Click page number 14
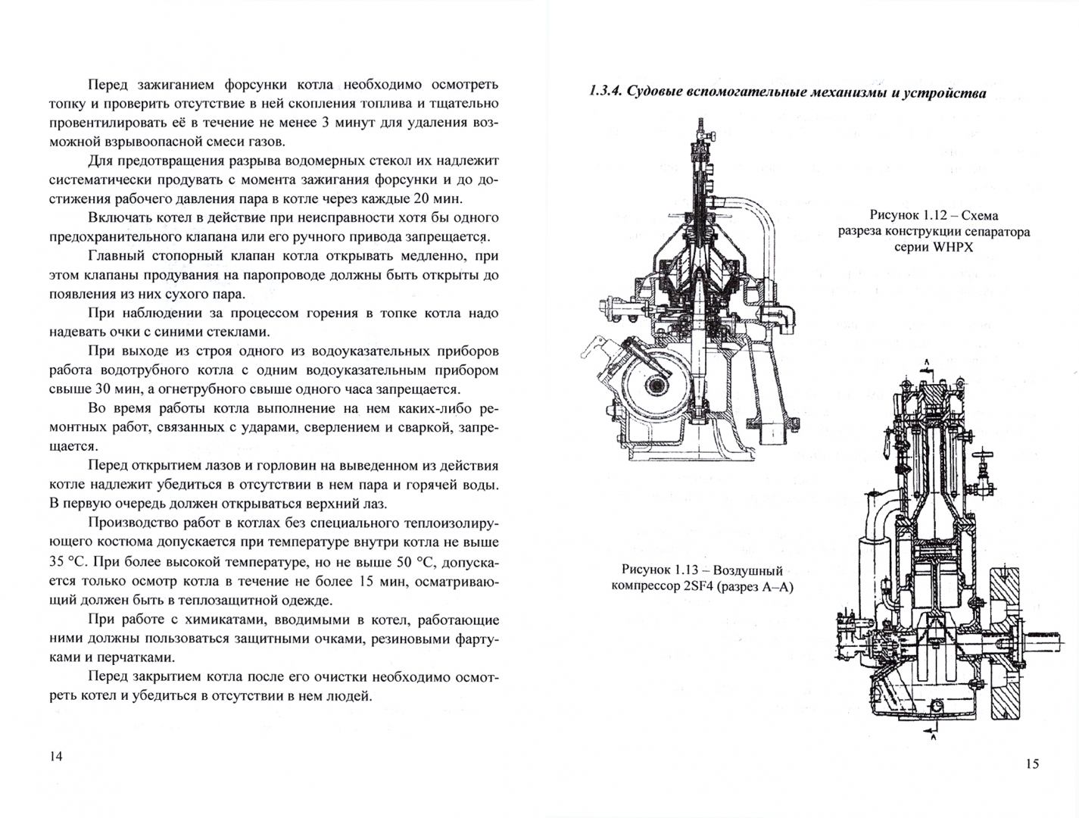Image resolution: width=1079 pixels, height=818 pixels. pos(56,756)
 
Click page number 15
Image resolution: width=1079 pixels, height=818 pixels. pos(1032,763)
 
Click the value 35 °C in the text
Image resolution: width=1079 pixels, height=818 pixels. pos(67,561)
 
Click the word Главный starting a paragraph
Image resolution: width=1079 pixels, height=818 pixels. pos(116,256)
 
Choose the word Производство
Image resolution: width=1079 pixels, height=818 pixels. pos(131,523)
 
